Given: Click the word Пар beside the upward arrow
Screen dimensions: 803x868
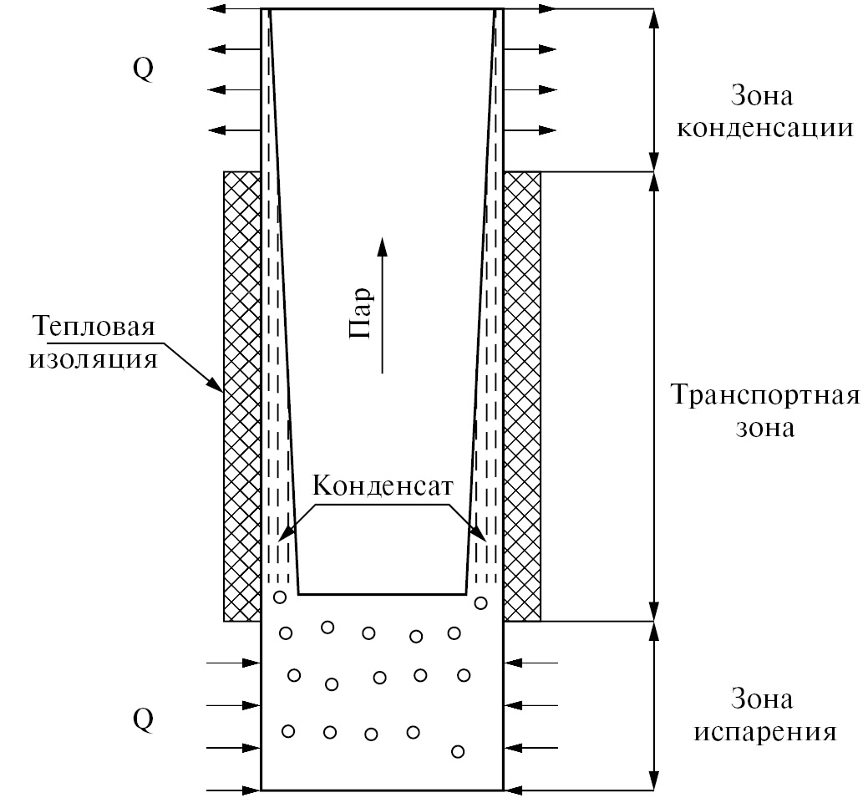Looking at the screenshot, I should click(359, 313).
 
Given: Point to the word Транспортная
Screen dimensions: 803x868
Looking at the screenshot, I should click(764, 394).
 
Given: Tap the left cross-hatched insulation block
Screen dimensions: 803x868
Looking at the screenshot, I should click(242, 396).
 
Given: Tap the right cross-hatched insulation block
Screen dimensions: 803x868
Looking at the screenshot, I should click(522, 396).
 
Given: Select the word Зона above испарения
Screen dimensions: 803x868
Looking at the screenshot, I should click(762, 698).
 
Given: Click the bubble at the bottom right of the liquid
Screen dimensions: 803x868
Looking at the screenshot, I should click(457, 751).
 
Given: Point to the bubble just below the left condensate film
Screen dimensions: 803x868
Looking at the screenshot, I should click(280, 597).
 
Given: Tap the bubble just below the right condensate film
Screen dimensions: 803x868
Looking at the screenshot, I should click(480, 602).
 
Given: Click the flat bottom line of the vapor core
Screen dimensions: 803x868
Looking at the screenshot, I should click(382, 594).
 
